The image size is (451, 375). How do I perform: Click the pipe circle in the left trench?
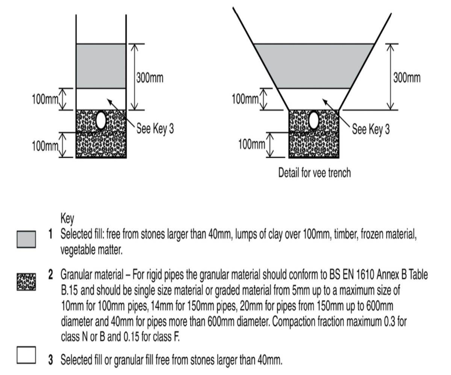click(101, 120)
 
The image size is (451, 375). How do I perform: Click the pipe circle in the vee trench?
click(313, 120)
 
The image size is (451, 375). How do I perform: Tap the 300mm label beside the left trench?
click(150, 78)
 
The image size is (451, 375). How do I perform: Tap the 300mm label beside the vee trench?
click(407, 78)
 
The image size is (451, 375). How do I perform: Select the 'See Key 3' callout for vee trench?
click(371, 129)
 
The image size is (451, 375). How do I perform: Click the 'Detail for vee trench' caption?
click(314, 173)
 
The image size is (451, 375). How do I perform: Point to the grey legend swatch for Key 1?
click(26, 239)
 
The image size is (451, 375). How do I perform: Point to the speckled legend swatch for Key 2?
click(26, 282)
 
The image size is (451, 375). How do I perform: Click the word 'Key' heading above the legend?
click(67, 218)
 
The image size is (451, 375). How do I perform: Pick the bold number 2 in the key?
click(50, 275)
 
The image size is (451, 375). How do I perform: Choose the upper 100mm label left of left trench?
click(45, 99)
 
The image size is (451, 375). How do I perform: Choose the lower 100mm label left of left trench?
click(45, 146)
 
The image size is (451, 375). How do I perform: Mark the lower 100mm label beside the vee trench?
click(252, 144)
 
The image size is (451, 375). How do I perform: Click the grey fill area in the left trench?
click(101, 66)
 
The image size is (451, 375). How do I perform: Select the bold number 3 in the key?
click(50, 360)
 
